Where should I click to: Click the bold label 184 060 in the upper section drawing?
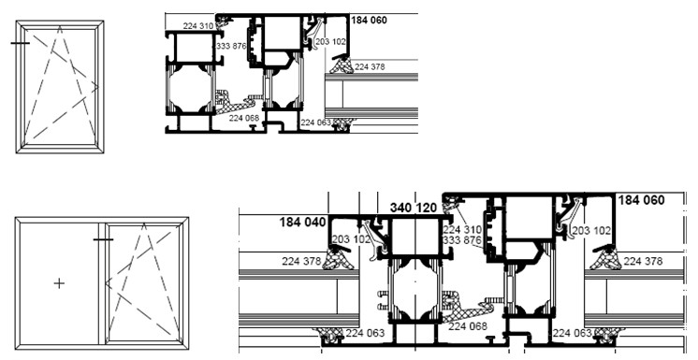[x=369, y=20]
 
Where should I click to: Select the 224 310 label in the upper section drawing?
[x=198, y=26]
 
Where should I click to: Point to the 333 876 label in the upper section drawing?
[x=231, y=46]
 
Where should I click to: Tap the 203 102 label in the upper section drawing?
[x=330, y=42]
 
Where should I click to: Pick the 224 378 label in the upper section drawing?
[x=370, y=66]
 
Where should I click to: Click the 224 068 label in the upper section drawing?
[x=244, y=119]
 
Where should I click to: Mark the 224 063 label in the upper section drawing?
[x=315, y=122]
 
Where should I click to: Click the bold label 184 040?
[x=303, y=222]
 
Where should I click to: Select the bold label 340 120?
[x=414, y=208]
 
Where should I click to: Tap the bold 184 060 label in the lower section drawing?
[x=642, y=200]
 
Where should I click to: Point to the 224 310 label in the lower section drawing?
[x=462, y=230]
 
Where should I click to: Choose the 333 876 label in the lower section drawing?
[x=462, y=240]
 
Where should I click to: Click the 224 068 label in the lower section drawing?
[x=468, y=326]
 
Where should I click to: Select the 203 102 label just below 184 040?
[x=351, y=239]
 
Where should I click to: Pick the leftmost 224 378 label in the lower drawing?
[x=301, y=261]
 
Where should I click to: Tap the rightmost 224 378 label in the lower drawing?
[x=643, y=261]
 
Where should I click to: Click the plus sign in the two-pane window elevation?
[x=59, y=283]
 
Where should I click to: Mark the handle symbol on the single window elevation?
[x=20, y=43]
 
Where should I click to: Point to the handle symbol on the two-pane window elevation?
[x=103, y=239]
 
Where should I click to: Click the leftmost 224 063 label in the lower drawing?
[x=365, y=333]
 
